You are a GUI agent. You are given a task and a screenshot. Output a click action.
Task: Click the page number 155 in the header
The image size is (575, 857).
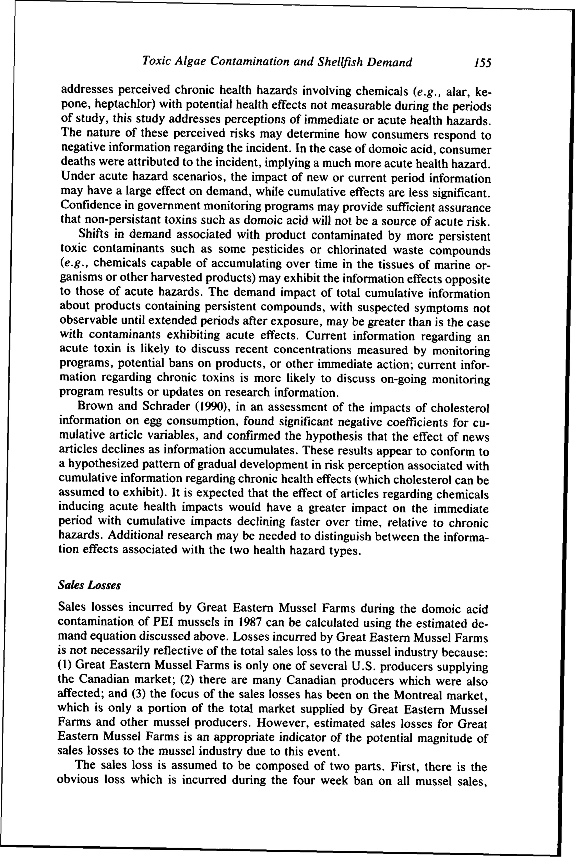[x=482, y=63]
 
